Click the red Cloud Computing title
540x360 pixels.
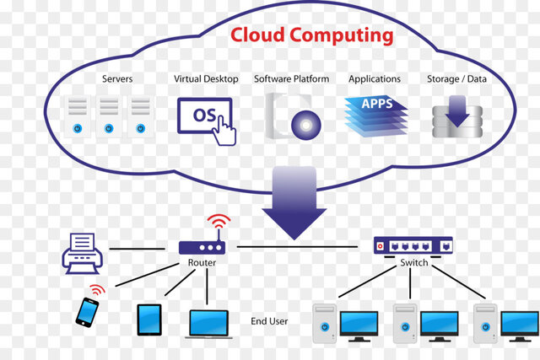tap(311, 35)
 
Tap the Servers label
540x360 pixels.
tap(117, 78)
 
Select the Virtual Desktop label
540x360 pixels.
tap(206, 78)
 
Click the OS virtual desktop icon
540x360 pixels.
tap(205, 116)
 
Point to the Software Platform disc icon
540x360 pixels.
tap(294, 116)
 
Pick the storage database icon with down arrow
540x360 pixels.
tap(458, 117)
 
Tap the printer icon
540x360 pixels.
tap(82, 250)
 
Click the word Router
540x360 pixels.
tap(202, 263)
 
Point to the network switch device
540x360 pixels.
tap(413, 245)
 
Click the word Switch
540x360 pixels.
tap(413, 263)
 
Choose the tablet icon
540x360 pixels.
tap(148, 319)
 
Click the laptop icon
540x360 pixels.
tap(208, 323)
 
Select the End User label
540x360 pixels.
tap(269, 321)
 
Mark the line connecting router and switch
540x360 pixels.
tap(304, 247)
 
